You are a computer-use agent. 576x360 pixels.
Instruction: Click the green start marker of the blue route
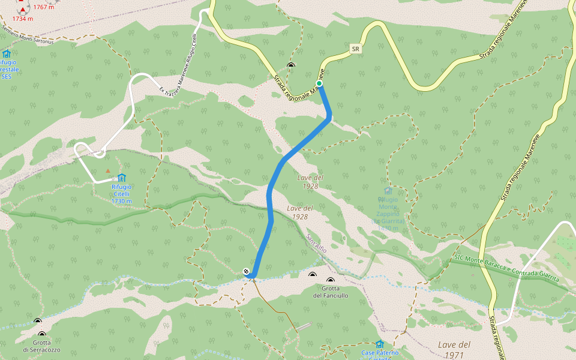point(320,83)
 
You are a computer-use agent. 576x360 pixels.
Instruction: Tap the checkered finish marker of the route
point(247,272)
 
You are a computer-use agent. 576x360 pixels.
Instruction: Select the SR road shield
point(356,48)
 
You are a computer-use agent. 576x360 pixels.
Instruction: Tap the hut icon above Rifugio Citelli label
point(122,178)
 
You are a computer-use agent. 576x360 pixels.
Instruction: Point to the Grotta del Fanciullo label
point(331,292)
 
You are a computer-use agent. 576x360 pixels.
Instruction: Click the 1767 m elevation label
point(44,7)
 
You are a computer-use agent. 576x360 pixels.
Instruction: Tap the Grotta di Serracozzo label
point(41,346)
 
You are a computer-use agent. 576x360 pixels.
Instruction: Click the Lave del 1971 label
point(454,349)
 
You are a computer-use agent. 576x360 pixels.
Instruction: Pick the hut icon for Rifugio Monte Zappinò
point(388,191)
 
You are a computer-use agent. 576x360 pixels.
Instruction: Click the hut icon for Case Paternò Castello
point(379,344)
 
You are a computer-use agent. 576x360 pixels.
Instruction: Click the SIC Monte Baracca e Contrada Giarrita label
point(507,268)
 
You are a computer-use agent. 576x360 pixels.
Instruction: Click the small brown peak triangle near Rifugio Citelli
point(108,171)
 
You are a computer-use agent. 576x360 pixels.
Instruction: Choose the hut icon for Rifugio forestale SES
point(7,53)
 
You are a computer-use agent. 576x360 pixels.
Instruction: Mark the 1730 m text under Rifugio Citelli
point(121,201)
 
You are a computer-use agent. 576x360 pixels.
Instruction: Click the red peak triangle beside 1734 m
point(23,10)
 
